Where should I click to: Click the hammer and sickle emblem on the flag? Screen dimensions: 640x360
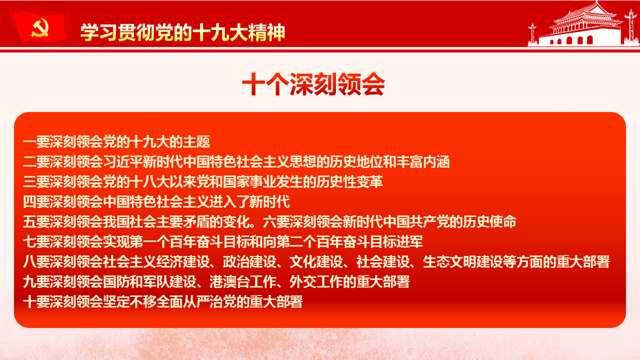40,27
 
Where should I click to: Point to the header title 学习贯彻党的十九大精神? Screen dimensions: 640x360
183,32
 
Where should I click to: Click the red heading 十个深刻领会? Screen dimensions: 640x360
313,84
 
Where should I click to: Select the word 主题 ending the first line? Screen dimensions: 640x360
196,141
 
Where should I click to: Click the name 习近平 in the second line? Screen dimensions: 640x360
123,161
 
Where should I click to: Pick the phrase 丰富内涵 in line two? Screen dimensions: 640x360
423,161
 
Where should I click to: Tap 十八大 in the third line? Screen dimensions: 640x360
149,181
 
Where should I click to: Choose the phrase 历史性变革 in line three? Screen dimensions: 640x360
349,181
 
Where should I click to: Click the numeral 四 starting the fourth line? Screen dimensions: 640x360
29,201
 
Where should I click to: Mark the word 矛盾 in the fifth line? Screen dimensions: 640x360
196,221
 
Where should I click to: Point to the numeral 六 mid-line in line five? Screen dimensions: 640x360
269,221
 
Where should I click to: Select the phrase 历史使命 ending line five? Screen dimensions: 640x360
489,221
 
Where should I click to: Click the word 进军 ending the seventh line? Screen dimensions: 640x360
409,241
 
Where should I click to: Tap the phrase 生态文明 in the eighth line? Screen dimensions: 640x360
449,261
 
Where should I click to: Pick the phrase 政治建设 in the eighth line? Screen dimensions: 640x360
249,261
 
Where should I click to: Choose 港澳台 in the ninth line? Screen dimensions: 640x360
229,281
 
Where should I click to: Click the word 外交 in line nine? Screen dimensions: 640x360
303,281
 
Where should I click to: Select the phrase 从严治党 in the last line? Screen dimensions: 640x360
209,301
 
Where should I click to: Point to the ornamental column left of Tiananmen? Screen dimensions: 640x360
532,34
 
